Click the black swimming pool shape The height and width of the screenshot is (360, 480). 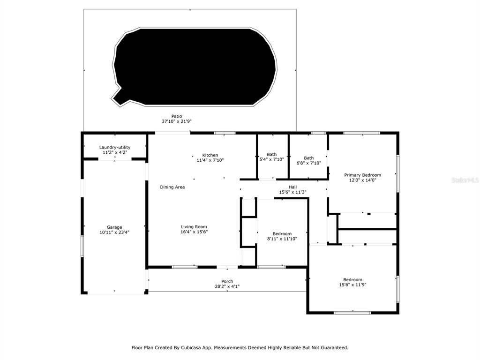[x=195, y=67]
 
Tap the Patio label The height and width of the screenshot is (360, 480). [x=177, y=116]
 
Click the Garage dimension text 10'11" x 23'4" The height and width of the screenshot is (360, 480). [x=114, y=232]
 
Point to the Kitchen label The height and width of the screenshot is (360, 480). [x=210, y=155]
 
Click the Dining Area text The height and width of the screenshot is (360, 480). [x=172, y=187]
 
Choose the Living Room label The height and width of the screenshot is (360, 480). [x=194, y=227]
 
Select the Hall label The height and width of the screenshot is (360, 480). [x=292, y=187]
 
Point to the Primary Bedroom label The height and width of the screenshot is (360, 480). [x=362, y=175]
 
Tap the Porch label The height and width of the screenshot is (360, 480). [x=227, y=282]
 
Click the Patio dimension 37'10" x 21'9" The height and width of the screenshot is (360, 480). [x=177, y=121]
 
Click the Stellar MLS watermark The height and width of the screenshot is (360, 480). [x=465, y=180]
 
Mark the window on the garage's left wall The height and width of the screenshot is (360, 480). [x=82, y=246]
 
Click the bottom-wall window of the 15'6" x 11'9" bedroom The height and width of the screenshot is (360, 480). [x=352, y=313]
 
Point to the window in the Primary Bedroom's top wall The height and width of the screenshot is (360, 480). [x=362, y=133]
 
